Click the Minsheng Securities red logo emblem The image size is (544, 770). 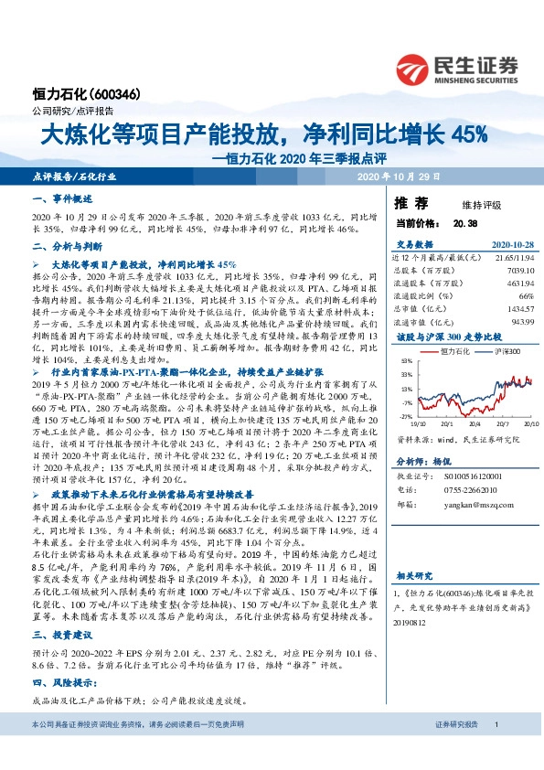pos(415,66)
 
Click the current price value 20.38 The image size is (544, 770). pos(464,222)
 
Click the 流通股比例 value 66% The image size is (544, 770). pos(526,295)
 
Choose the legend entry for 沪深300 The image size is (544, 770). pos(507,351)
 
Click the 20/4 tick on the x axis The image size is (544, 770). pos(475,423)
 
